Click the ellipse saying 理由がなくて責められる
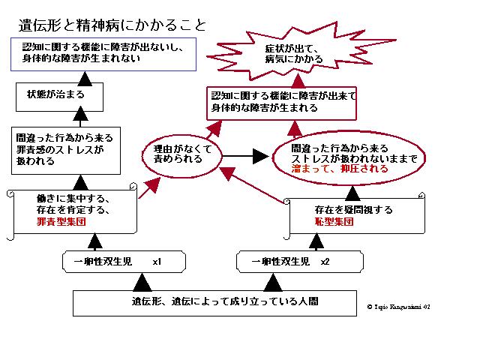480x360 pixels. pyautogui.click(x=182, y=155)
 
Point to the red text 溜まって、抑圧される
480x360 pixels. pyautogui.click(x=340, y=169)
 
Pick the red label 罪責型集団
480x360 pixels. pyautogui.click(x=61, y=223)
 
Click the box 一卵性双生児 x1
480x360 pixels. pyautogui.click(x=124, y=262)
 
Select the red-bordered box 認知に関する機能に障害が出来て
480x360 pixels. pyautogui.click(x=282, y=102)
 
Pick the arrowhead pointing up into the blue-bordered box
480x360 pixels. pyautogui.click(x=85, y=76)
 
